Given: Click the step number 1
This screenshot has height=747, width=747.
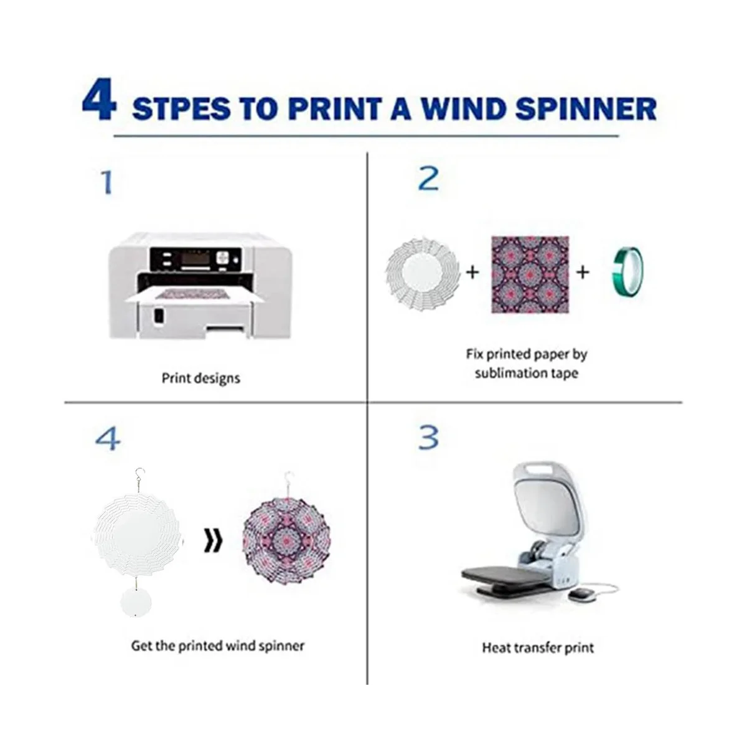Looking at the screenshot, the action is [106, 182].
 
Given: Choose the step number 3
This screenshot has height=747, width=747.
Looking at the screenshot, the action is [428, 438].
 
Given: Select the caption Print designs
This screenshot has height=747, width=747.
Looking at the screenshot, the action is [200, 378].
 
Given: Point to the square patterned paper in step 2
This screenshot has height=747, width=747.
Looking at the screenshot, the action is [530, 275].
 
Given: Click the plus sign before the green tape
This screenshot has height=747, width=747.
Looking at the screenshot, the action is [583, 273].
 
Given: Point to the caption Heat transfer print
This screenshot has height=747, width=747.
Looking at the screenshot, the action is [538, 647].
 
